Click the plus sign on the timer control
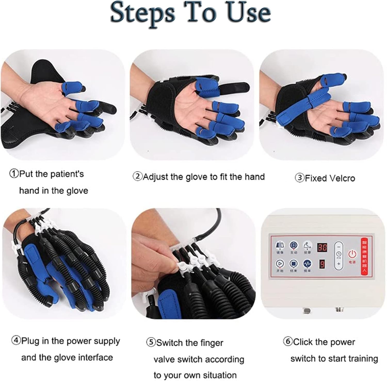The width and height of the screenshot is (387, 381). point(339,264)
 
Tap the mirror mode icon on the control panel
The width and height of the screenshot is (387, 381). point(279,245)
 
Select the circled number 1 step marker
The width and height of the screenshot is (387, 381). point(13,174)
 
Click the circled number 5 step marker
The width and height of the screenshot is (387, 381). point(151,343)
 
